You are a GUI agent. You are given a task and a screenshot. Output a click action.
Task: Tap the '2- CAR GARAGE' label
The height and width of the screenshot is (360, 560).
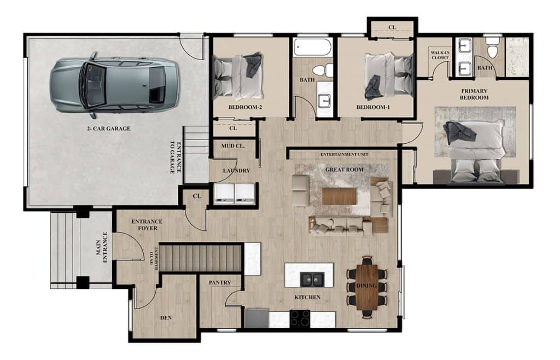[109, 129]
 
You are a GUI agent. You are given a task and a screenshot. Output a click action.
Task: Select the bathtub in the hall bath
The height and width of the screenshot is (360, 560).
[313, 48]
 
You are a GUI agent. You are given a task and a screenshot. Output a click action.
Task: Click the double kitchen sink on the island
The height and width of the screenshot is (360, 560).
[312, 279]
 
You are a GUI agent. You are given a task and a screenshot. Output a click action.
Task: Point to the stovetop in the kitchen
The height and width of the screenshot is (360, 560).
[300, 318]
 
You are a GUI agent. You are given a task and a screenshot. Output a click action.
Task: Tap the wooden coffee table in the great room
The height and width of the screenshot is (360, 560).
[339, 196]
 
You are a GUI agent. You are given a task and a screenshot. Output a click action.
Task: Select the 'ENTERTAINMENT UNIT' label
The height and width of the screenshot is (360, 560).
[345, 155]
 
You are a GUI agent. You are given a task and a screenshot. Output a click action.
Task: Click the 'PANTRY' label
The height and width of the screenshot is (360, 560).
[220, 282]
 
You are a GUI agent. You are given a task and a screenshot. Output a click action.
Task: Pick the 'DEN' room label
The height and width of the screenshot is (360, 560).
[166, 317]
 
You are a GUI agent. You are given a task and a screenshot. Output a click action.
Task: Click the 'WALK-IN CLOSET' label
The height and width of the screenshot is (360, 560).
[440, 55]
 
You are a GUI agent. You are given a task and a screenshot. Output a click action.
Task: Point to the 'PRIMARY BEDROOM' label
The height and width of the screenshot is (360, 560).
[474, 94]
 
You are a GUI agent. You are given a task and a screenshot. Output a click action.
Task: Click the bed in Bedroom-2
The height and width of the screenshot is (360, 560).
[238, 76]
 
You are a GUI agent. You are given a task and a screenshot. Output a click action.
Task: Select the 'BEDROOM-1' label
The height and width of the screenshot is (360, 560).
[373, 107]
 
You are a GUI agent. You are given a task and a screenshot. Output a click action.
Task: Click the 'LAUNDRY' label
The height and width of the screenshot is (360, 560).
[236, 171]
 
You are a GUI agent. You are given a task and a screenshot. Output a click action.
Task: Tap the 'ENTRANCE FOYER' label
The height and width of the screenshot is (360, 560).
[147, 225]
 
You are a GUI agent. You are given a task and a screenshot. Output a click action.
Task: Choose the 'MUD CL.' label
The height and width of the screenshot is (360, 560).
[233, 146]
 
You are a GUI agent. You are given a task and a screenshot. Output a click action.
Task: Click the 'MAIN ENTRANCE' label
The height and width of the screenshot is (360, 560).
[102, 247]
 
